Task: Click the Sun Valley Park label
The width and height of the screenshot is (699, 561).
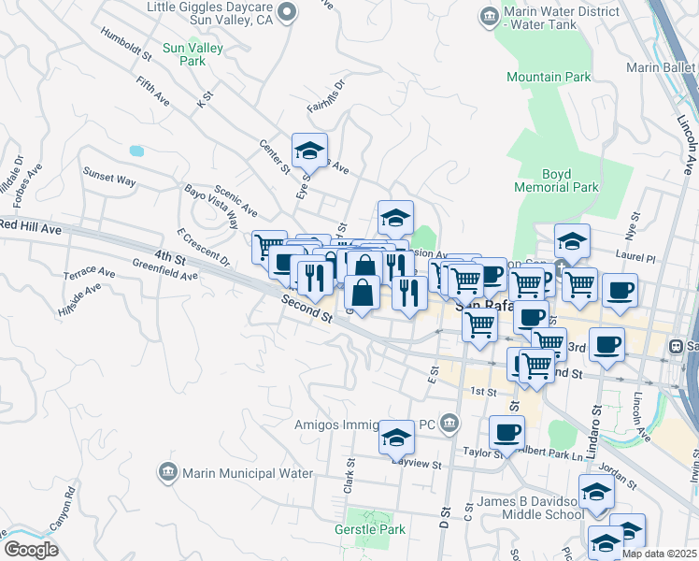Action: [183, 53]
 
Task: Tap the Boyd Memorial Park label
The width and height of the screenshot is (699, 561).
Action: [556, 180]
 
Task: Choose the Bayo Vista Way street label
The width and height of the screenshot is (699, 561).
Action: [211, 206]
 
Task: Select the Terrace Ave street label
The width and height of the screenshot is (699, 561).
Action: [89, 275]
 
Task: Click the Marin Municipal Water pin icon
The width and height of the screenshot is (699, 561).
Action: [168, 472]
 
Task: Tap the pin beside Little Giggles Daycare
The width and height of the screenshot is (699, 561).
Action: [287, 12]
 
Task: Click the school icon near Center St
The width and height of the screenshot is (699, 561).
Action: [309, 150]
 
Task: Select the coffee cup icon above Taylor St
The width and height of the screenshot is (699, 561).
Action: [506, 432]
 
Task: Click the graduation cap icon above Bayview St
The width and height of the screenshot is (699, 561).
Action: [396, 437]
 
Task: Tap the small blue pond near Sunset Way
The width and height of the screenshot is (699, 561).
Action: [137, 150]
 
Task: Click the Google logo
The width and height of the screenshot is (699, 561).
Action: [31, 550]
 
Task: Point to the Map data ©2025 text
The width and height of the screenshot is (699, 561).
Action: [659, 554]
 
